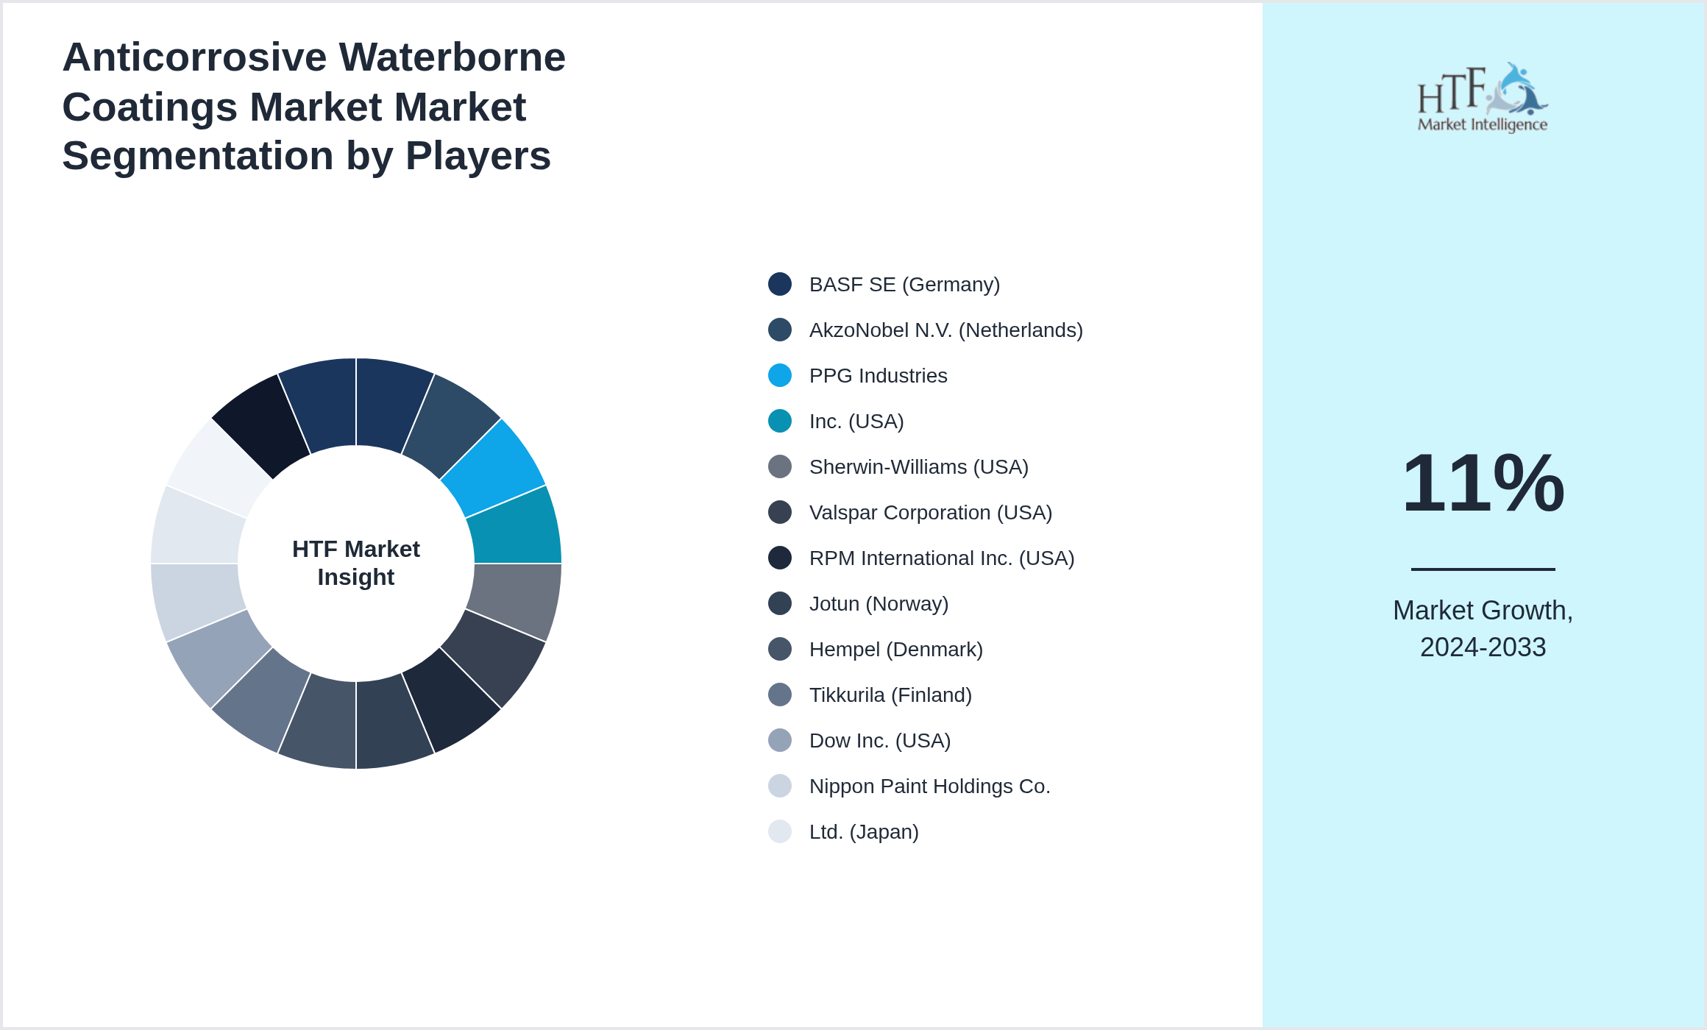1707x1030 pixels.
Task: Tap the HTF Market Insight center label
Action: coord(356,563)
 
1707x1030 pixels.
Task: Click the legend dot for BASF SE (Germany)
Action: coord(780,284)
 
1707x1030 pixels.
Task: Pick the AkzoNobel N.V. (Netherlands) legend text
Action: coord(945,330)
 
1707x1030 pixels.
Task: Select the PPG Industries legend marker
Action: coord(780,375)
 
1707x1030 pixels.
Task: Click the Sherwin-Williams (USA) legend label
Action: coord(918,467)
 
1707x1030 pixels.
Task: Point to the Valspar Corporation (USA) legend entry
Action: coord(930,513)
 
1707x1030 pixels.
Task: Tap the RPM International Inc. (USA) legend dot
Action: coord(780,558)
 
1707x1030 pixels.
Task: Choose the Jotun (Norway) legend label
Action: coord(879,604)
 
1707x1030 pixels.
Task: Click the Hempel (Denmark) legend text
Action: coord(895,650)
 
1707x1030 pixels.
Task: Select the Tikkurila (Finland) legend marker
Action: coord(780,695)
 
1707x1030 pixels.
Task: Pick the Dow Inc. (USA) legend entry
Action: coord(879,741)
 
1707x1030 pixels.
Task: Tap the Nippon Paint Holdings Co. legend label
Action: coord(929,786)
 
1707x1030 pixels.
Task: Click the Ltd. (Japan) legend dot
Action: coord(780,831)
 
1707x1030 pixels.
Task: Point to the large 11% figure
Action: coord(1483,483)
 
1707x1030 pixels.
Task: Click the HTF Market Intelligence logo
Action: coord(1483,98)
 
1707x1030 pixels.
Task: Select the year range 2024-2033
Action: coord(1483,647)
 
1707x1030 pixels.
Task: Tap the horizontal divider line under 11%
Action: coord(1483,569)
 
